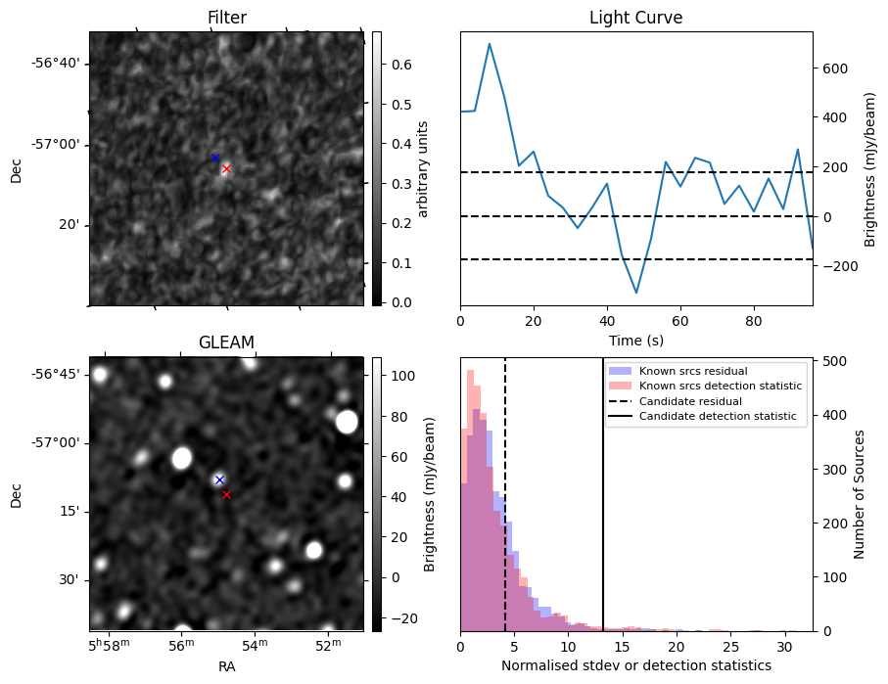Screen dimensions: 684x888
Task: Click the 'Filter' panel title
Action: [226, 18]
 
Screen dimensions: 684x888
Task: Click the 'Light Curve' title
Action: [635, 18]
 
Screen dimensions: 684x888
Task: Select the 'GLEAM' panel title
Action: [226, 342]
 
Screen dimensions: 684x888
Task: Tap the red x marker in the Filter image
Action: [226, 168]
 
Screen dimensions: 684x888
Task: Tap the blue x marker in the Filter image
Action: [215, 158]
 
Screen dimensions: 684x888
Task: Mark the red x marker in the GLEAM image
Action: [226, 494]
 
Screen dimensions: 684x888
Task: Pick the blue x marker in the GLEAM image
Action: [219, 479]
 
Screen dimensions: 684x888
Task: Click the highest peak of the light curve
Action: [490, 44]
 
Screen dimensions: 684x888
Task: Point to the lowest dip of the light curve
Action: [636, 293]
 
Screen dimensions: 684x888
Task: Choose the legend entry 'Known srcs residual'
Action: [693, 371]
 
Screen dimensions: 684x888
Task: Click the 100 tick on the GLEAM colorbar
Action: [402, 376]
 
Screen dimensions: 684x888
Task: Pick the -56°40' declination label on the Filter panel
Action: [57, 64]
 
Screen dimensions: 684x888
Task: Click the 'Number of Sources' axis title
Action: [859, 496]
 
